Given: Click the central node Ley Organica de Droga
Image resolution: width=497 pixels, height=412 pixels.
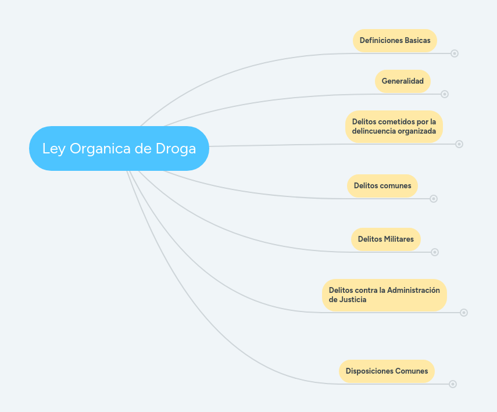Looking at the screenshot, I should tap(119, 148).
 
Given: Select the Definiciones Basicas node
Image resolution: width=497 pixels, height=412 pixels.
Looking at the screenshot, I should tap(395, 41).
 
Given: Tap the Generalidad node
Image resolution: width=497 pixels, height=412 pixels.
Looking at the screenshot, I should tap(402, 81).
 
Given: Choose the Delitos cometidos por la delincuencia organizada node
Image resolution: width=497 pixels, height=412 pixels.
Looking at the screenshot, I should tap(394, 126).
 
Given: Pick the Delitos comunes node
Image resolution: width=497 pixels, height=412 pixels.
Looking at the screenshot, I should tap(382, 186).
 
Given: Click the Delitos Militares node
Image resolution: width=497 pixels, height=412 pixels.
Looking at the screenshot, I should tap(385, 239).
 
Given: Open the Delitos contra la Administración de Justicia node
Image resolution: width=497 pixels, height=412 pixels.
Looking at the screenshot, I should tap(384, 295).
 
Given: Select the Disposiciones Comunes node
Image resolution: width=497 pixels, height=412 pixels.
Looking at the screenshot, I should tap(387, 371).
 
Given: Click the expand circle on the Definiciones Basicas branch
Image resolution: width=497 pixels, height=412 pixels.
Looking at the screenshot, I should tap(455, 53).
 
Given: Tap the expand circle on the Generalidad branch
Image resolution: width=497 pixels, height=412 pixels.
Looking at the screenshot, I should tap(445, 94).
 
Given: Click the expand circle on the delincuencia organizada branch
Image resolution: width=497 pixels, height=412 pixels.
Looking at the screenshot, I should tap(459, 144).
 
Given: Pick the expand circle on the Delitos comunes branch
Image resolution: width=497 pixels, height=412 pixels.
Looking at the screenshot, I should tap(434, 199).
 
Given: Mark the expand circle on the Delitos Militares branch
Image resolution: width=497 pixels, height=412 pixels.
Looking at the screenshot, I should tap(435, 252).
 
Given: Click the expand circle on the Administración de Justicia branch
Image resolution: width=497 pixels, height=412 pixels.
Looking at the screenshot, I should tap(464, 313).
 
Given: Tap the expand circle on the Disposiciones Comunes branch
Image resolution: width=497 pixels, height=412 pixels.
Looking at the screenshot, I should tap(453, 384).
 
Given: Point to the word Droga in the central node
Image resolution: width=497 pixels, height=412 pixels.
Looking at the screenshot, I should tap(176, 148).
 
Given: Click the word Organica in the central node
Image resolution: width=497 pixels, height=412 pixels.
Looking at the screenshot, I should tap(100, 149).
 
